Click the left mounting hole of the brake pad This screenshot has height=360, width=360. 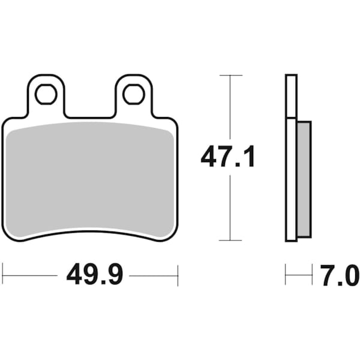(x=46, y=94)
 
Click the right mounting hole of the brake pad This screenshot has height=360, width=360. (x=133, y=94)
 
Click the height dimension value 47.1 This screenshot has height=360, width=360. (x=228, y=158)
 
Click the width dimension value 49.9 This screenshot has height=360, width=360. (x=94, y=275)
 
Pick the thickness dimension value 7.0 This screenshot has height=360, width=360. (x=340, y=277)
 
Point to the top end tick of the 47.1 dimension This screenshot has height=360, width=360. (x=230, y=76)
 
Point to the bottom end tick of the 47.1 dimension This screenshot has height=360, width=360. (x=230, y=240)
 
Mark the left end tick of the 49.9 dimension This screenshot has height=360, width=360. (x=2, y=275)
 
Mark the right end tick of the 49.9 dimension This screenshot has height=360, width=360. (x=178, y=275)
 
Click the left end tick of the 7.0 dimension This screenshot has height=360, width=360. (x=286, y=275)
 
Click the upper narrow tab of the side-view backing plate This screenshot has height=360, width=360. (x=291, y=96)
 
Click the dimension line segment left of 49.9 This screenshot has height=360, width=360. (x=30, y=275)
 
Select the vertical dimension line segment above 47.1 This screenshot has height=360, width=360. (x=230, y=108)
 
